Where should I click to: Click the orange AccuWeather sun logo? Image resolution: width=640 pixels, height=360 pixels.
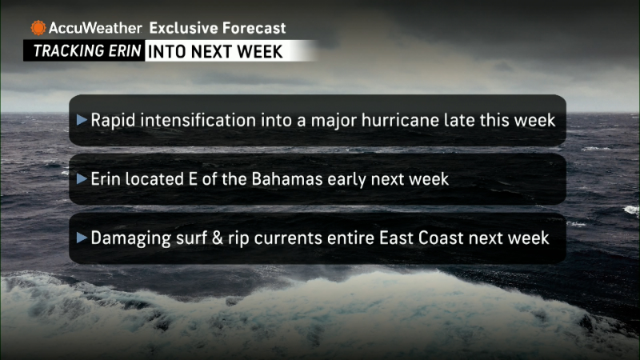click(38, 28)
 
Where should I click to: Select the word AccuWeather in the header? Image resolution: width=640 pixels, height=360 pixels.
click(95, 28)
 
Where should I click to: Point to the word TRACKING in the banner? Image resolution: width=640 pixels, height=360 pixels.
click(63, 51)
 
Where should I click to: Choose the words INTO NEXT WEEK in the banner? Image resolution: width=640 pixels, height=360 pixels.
click(215, 52)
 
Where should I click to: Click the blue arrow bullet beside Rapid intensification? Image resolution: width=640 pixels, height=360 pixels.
click(82, 119)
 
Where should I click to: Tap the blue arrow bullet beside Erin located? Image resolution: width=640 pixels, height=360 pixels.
click(82, 178)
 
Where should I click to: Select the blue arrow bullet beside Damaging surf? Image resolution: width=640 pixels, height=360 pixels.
click(82, 237)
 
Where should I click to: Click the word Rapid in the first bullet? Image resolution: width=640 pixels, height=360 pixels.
click(113, 121)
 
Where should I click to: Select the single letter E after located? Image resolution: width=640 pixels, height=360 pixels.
click(193, 179)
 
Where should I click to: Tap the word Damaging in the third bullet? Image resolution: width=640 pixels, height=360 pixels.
click(130, 238)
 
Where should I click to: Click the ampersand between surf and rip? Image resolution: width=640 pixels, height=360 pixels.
click(218, 238)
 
